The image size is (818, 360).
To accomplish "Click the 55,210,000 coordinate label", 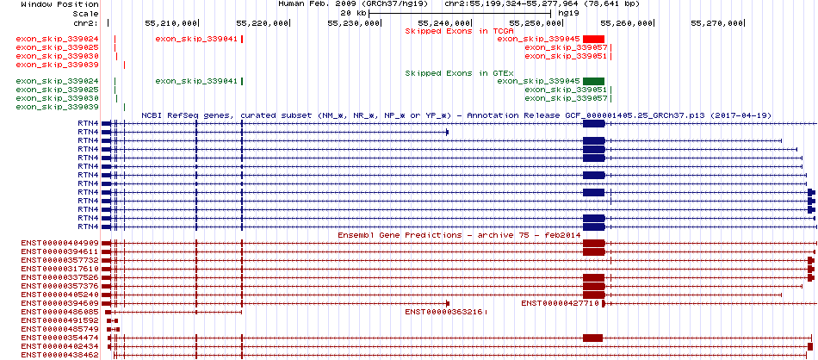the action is point(170,23).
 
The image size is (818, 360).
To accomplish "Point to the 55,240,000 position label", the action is point(444,23).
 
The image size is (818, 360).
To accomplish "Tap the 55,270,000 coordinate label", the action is point(716,23).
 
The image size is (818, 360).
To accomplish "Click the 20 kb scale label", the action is point(353,13).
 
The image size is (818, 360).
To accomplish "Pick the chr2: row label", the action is point(86,23).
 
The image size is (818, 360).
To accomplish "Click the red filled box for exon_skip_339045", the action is point(593,39).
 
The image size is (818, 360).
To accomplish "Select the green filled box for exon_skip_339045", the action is point(593,81).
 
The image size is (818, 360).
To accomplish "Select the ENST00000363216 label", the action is point(444,312).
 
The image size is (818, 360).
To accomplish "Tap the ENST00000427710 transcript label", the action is point(561,303).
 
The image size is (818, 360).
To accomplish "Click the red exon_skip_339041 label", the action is point(196,39).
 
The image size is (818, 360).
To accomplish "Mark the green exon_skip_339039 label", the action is point(58,107).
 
